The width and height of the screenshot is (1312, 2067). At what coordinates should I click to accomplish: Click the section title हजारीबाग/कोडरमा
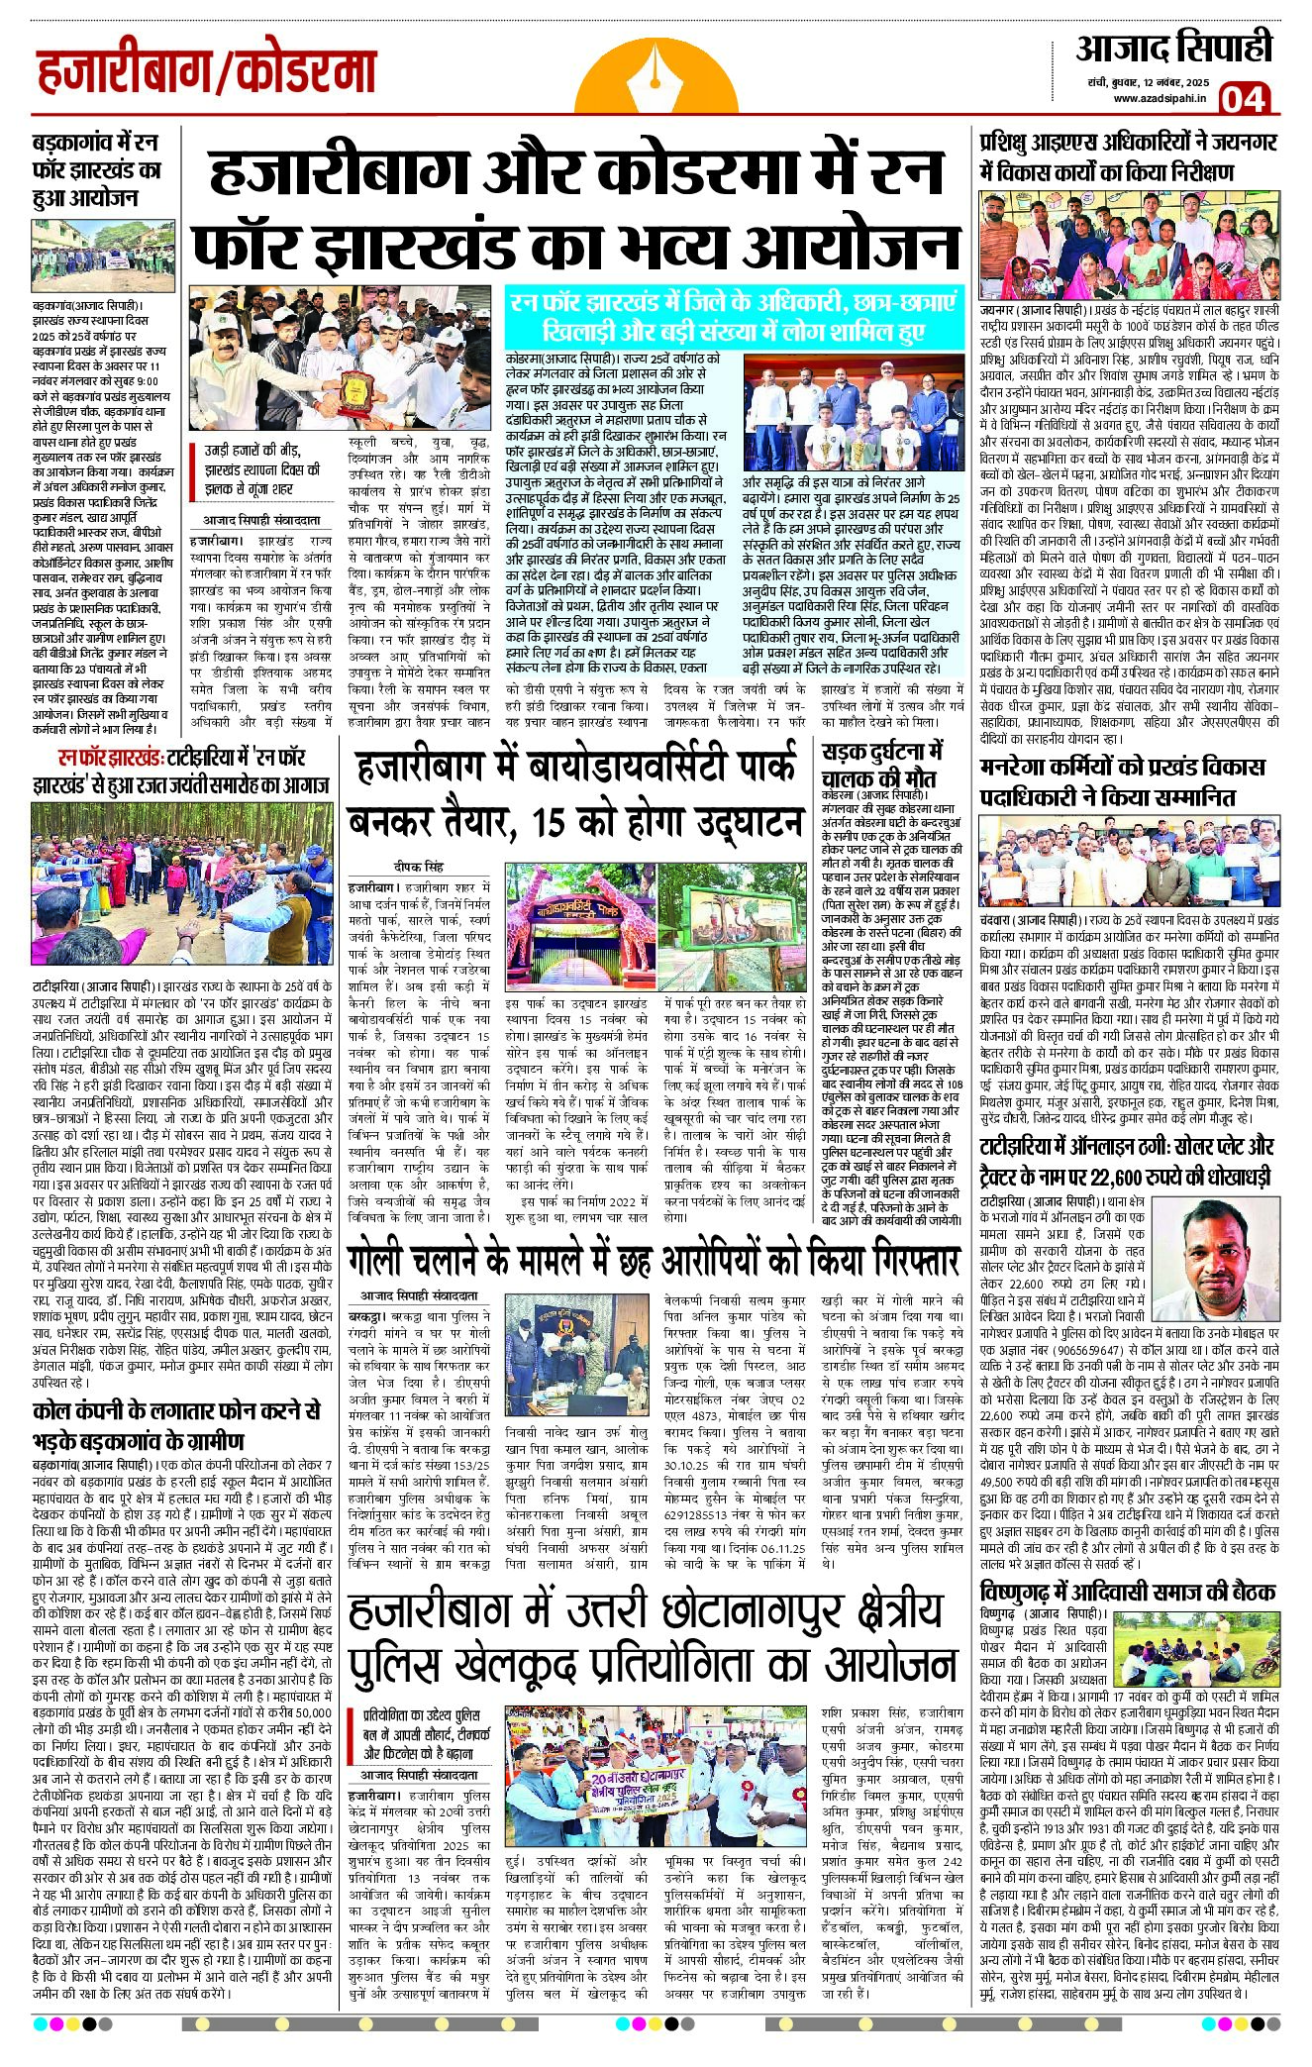(x=207, y=73)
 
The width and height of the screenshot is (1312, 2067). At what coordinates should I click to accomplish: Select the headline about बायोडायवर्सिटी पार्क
(x=574, y=794)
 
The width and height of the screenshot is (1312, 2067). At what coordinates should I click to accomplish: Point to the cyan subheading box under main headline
(x=734, y=316)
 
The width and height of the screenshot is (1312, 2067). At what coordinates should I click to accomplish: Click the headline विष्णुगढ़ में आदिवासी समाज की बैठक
(x=1128, y=1593)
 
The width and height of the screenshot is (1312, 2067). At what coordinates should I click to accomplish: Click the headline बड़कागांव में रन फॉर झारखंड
(x=95, y=169)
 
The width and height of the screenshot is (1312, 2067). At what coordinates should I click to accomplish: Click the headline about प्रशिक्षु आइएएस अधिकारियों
(x=1128, y=157)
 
